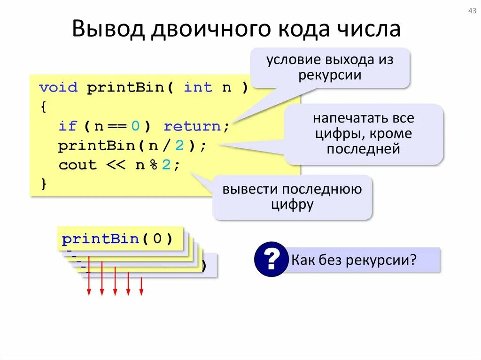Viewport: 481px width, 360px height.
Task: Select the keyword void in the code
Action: [x=58, y=87]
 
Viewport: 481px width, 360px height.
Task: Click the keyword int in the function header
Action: [x=198, y=87]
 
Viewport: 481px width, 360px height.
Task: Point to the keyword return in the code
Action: [x=192, y=126]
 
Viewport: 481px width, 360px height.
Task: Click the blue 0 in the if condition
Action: [x=135, y=126]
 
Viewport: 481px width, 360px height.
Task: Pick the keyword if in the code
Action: [x=68, y=126]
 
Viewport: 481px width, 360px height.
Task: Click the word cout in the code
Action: [x=77, y=165]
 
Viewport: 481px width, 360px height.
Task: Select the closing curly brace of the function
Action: [x=44, y=184]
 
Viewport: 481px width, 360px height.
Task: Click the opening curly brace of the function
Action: [x=44, y=107]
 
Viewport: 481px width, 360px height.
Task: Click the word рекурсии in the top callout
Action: [x=330, y=75]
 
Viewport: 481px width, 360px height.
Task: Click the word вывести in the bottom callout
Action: [x=249, y=189]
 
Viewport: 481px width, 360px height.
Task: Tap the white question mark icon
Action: [x=271, y=259]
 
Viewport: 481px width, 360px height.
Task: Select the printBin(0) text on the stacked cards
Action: [x=117, y=239]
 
